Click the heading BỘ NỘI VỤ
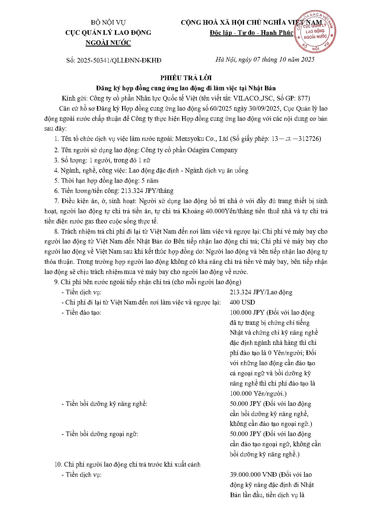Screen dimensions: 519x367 pos(108,22)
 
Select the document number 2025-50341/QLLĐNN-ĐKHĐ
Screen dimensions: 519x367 pos(119,60)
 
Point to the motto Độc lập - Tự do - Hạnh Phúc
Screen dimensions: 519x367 pos(251,33)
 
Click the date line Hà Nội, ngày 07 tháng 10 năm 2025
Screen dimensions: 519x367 pos(265,59)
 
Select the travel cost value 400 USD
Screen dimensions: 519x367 pos(242,302)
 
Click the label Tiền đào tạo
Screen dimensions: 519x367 pos(83,313)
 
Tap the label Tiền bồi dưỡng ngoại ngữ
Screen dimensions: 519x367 pos(102,434)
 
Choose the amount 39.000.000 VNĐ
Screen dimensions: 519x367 pos(253,475)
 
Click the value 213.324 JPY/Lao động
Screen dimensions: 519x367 pos(261,292)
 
